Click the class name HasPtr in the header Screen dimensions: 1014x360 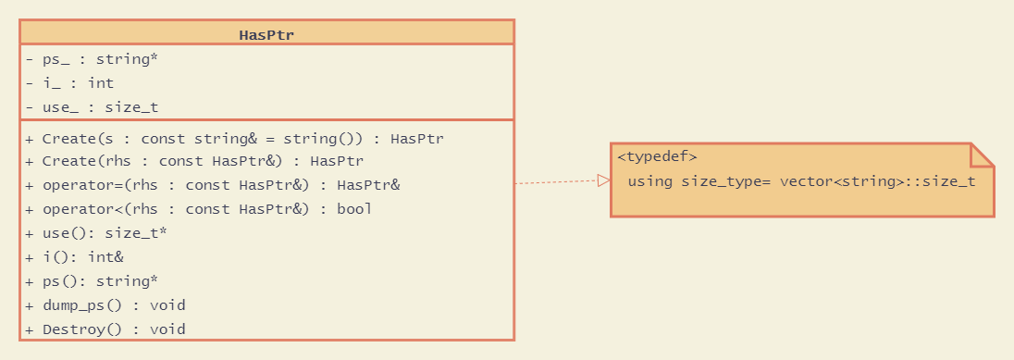point(266,35)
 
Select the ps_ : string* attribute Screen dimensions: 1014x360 point(92,59)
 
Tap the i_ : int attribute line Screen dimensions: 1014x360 point(69,83)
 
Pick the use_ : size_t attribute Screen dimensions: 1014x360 point(92,107)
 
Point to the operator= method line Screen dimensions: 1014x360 point(213,185)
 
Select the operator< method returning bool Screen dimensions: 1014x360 point(198,209)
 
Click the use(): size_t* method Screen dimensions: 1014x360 point(96,233)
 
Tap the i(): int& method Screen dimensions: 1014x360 point(74,257)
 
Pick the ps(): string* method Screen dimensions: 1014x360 point(92,281)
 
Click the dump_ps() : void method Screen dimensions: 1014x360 point(105,305)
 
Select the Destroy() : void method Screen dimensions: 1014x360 point(105,329)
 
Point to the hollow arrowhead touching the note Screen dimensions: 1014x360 point(603,180)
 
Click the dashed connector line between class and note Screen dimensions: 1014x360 point(555,182)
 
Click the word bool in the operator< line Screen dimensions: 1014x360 point(354,209)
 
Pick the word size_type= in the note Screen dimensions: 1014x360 point(726,181)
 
